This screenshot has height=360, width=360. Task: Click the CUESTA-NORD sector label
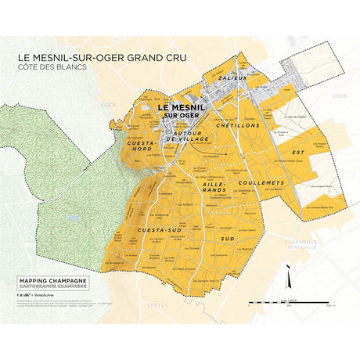tap(142, 147)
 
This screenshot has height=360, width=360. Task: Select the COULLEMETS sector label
tap(260, 182)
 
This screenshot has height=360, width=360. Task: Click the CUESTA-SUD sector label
tap(154, 229)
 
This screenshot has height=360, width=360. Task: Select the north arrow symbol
tap(288, 275)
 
